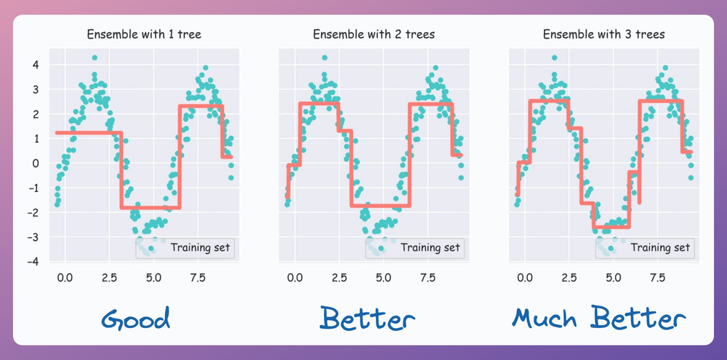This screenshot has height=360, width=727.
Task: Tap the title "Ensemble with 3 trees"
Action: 603,34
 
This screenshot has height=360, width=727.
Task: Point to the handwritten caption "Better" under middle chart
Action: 367,319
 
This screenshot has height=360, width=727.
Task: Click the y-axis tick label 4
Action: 34,65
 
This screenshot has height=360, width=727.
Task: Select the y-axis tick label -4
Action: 32,261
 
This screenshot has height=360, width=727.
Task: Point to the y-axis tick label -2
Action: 32,212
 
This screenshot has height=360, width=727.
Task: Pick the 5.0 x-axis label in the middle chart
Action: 384,277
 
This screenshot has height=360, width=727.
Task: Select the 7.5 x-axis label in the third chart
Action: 658,277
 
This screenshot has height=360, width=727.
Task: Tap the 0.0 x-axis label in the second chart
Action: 294,277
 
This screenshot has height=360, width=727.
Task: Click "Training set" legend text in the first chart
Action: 200,248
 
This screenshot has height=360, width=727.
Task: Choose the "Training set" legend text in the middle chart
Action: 430,248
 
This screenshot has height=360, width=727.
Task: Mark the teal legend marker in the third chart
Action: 611,248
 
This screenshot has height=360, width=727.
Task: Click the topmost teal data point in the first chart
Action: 95,57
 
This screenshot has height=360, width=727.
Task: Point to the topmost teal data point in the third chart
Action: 555,57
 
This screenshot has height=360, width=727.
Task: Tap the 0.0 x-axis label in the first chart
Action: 64,277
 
